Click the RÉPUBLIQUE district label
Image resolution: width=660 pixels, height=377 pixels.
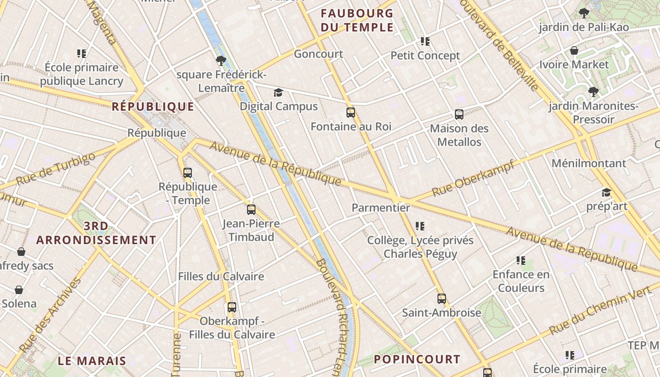pyautogui.click(x=153, y=107)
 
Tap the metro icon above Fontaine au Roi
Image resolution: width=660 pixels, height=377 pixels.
pyautogui.click(x=351, y=113)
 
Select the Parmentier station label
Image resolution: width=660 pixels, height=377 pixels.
pyautogui.click(x=381, y=207)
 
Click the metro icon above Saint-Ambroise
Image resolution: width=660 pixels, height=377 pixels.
pyautogui.click(x=442, y=298)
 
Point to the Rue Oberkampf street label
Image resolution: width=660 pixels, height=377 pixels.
pyautogui.click(x=472, y=178)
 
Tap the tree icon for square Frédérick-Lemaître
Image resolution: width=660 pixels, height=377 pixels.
pyautogui.click(x=221, y=60)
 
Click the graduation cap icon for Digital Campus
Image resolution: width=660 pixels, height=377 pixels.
pyautogui.click(x=279, y=92)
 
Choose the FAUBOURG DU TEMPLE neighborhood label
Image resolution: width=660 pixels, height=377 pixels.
pyautogui.click(x=357, y=20)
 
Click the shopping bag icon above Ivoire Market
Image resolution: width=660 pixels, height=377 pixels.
pyautogui.click(x=574, y=50)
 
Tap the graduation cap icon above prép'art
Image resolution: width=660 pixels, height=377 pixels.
pyautogui.click(x=606, y=192)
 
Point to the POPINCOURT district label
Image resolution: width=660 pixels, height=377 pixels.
pyautogui.click(x=417, y=360)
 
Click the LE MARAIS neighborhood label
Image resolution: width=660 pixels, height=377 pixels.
pyautogui.click(x=92, y=361)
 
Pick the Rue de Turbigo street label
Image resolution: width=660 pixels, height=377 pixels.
pyautogui.click(x=55, y=169)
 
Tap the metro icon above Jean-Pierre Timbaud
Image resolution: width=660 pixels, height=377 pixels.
pyautogui.click(x=251, y=210)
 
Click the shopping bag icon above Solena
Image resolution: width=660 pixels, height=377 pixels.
pyautogui.click(x=19, y=289)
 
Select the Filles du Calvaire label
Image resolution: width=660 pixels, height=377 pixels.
pyautogui.click(x=221, y=276)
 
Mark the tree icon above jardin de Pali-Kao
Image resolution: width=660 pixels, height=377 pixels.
pyautogui.click(x=584, y=13)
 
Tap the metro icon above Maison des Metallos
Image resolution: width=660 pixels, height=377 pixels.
pyautogui.click(x=459, y=114)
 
